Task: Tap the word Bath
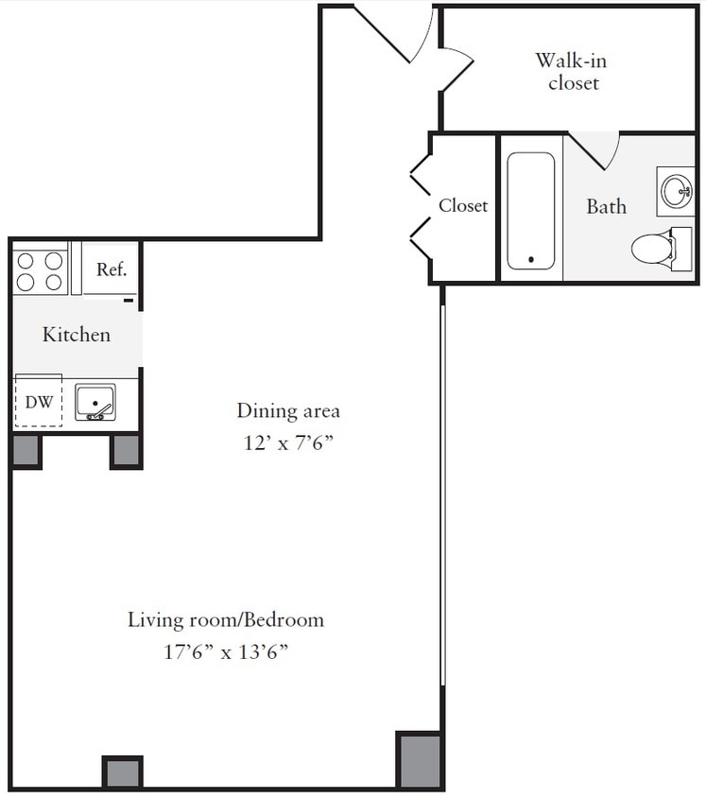coord(606,206)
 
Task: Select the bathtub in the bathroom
coord(531,211)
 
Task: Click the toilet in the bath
coord(653,249)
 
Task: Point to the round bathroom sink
coord(676,191)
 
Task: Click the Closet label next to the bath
coord(463,205)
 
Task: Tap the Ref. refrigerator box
coord(111,269)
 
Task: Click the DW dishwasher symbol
coord(39,402)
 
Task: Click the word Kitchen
coord(77,335)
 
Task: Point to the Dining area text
coord(287,411)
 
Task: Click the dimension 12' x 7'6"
coord(287,442)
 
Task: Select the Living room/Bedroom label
coord(226,620)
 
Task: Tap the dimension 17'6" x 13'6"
coord(226,651)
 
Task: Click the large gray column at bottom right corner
coord(419,759)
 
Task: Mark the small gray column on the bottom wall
coord(122,772)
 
